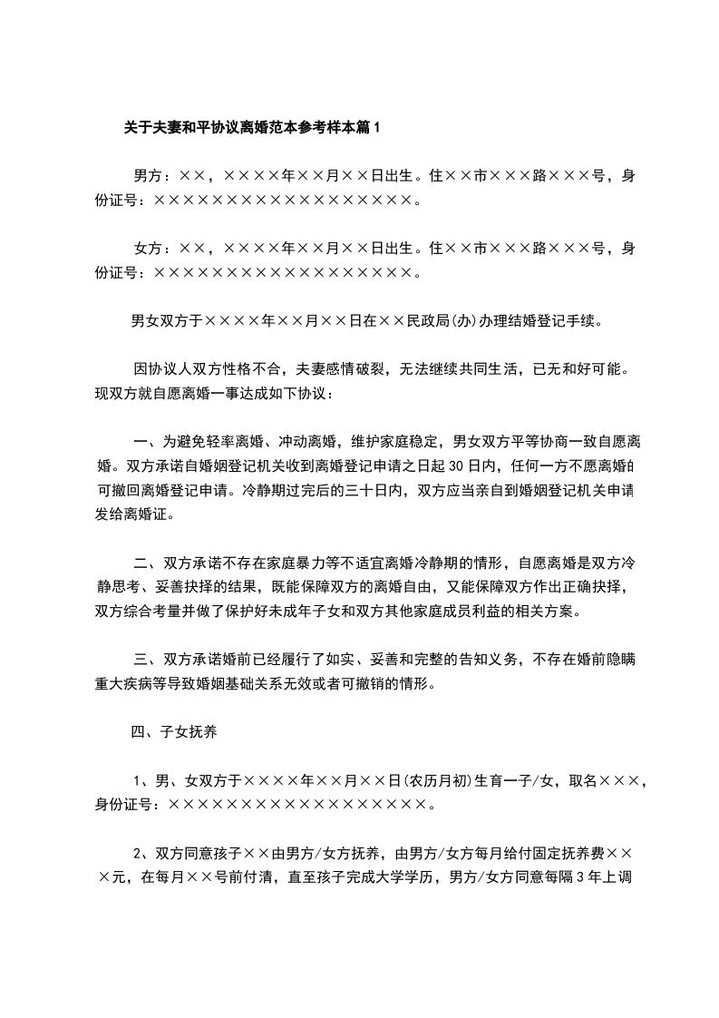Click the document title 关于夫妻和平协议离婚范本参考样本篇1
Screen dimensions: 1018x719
click(253, 128)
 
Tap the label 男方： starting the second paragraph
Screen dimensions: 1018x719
click(153, 173)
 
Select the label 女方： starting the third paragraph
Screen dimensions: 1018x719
click(153, 248)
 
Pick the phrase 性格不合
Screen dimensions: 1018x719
click(246, 370)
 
